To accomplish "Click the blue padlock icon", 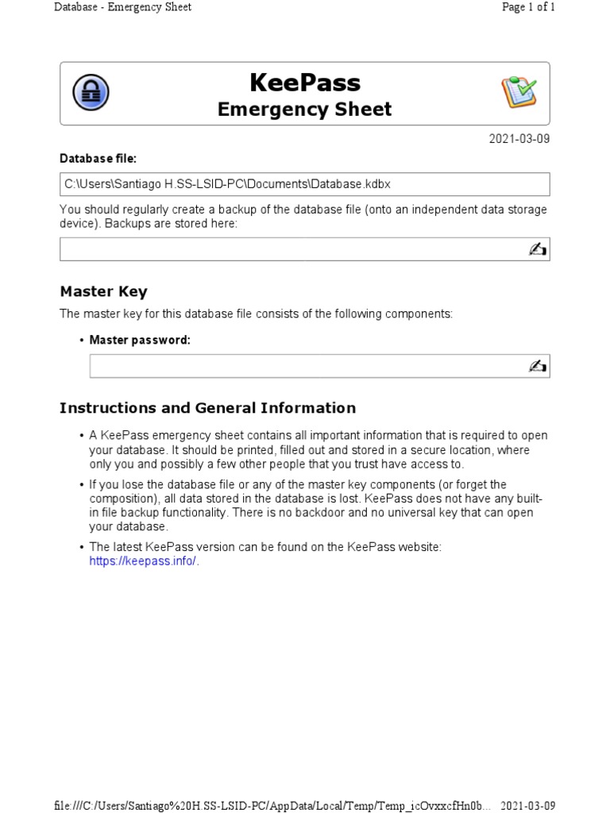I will click(x=91, y=93).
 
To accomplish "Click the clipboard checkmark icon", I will click(x=519, y=93).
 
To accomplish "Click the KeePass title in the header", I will click(x=304, y=83).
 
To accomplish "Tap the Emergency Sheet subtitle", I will click(x=304, y=110).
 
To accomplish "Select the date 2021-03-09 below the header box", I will click(x=519, y=139).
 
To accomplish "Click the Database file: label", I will click(x=98, y=159).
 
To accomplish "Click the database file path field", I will click(x=304, y=184).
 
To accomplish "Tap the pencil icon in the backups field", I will click(x=537, y=249).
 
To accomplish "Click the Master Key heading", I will click(x=103, y=291).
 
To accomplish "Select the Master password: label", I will click(x=140, y=340).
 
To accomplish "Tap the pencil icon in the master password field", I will click(x=537, y=366).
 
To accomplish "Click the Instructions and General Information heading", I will click(x=207, y=408).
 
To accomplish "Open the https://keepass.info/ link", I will click(x=143, y=561).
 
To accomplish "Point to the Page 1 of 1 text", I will click(x=528, y=7).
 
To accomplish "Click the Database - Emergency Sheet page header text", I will click(x=122, y=7).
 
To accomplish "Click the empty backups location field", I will click(x=294, y=249).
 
